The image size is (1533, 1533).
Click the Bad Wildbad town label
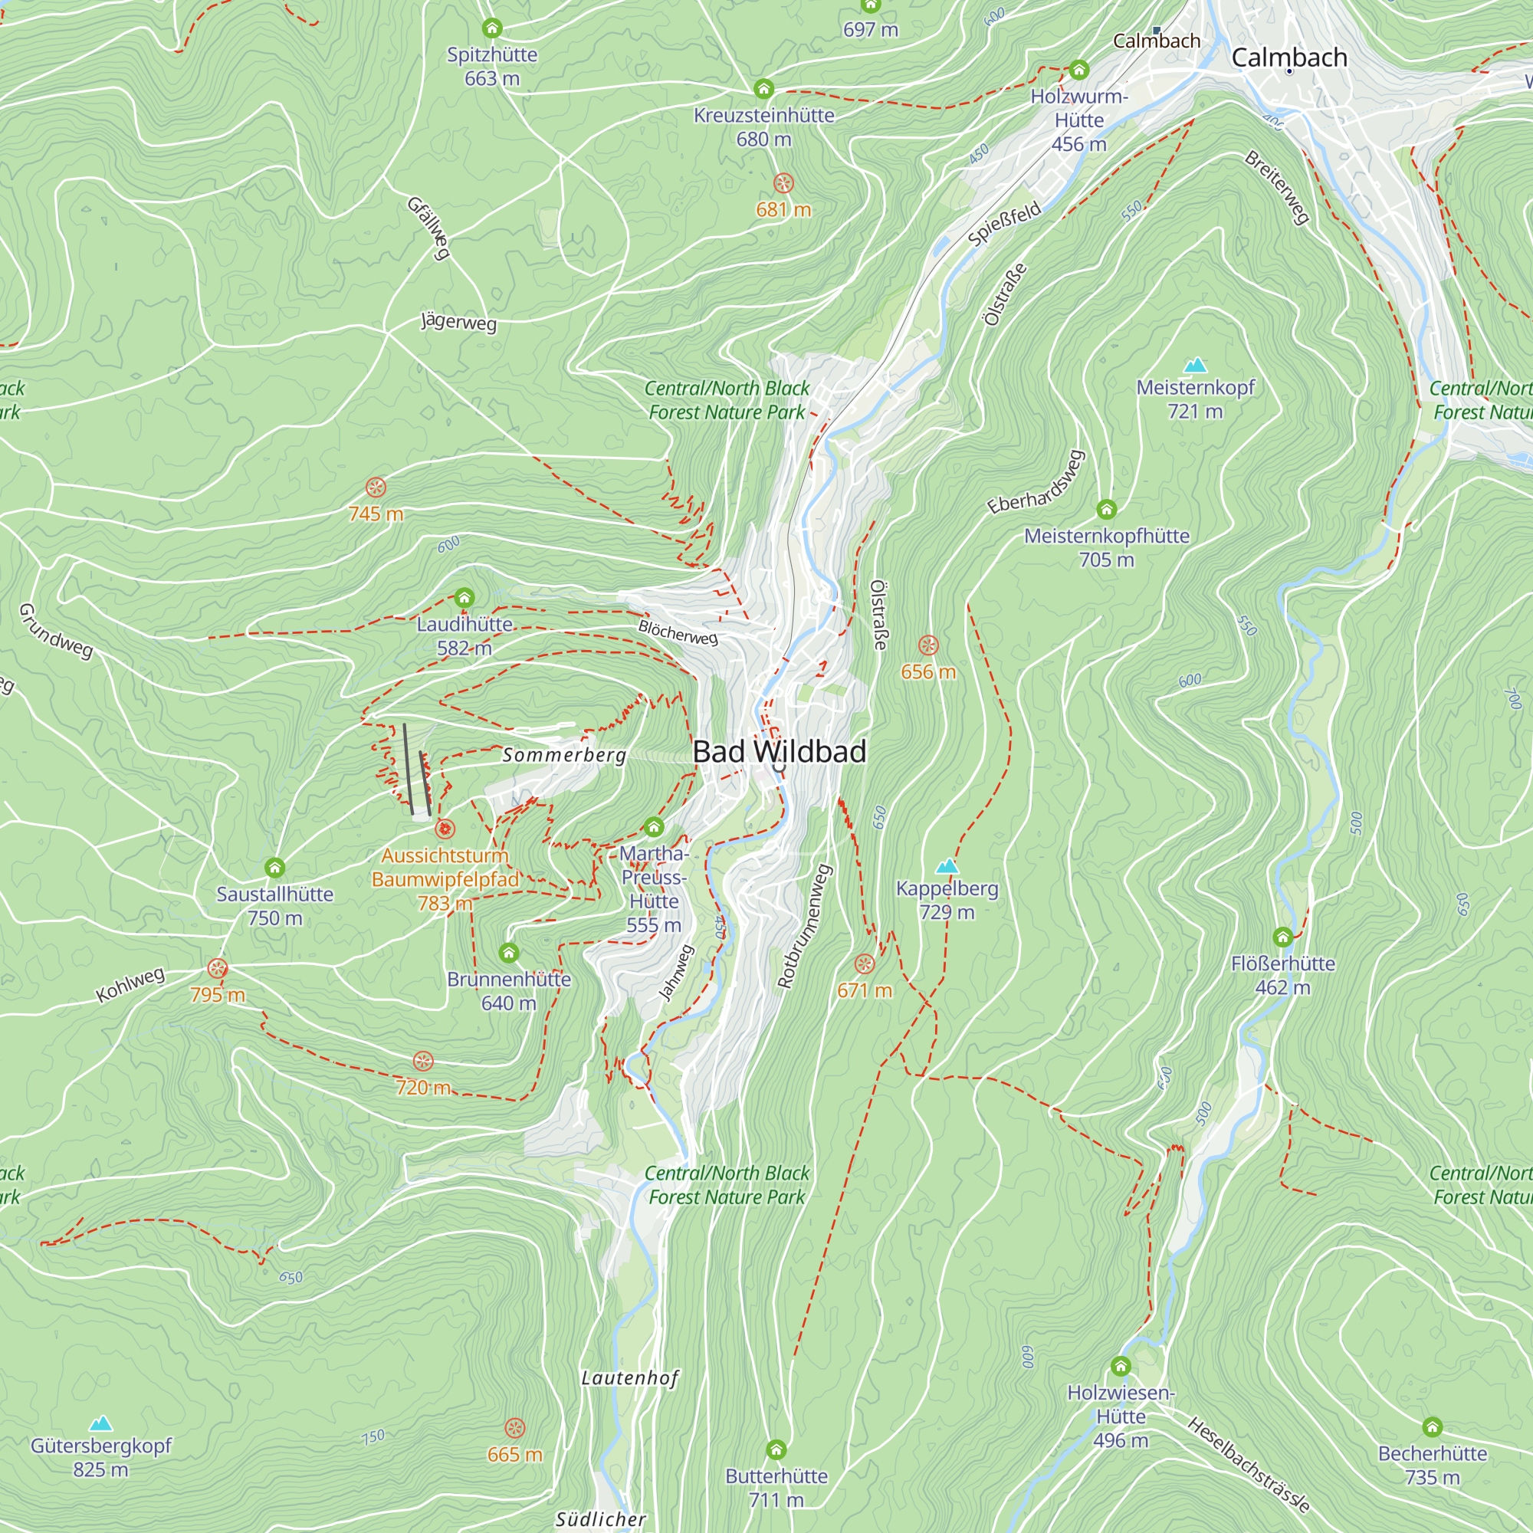(x=780, y=751)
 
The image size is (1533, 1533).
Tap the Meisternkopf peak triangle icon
(x=1195, y=365)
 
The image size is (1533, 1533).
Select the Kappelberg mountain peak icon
(x=947, y=865)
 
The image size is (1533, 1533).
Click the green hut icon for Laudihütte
(x=464, y=598)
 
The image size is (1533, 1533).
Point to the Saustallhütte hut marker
(x=274, y=867)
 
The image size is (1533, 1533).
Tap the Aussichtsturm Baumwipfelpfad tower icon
(x=445, y=829)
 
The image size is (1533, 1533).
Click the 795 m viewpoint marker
(x=218, y=969)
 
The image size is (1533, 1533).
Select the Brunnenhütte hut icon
(x=509, y=952)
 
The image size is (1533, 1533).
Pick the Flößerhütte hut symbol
(x=1283, y=937)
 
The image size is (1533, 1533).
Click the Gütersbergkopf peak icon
(x=100, y=1423)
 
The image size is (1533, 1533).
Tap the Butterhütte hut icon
(x=776, y=1449)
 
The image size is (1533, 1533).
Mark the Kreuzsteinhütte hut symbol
(x=763, y=88)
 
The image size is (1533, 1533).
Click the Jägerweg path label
(x=458, y=322)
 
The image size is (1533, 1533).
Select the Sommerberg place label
(x=564, y=754)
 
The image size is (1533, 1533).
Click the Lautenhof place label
(x=630, y=1377)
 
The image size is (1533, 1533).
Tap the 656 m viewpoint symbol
(x=928, y=645)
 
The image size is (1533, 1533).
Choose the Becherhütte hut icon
(x=1433, y=1427)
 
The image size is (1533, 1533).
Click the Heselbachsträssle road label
(x=1248, y=1465)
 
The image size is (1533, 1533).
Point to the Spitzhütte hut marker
(x=492, y=28)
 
